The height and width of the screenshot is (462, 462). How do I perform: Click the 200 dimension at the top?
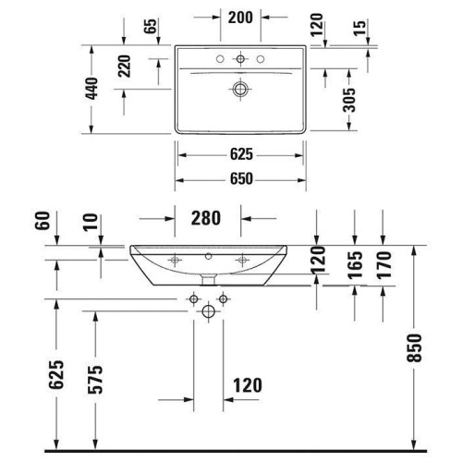pyautogui.click(x=240, y=18)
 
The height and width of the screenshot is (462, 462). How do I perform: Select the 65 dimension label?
pyautogui.click(x=151, y=27)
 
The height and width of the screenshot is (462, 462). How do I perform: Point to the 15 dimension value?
pyautogui.click(x=359, y=28)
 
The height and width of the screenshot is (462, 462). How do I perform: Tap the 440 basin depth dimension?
pyautogui.click(x=91, y=89)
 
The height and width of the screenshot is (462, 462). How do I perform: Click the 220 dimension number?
pyautogui.click(x=125, y=66)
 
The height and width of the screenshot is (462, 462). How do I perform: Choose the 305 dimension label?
pyautogui.click(x=349, y=100)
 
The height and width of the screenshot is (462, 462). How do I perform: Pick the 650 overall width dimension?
pyautogui.click(x=241, y=179)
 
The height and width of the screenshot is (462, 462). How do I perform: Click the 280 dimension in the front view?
pyautogui.click(x=206, y=218)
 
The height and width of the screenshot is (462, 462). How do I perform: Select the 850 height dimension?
pyautogui.click(x=414, y=347)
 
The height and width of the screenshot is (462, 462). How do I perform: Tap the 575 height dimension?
pyautogui.click(x=95, y=380)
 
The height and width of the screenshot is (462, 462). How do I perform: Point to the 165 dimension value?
pyautogui.click(x=355, y=265)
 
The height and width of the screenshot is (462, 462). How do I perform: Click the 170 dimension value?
pyautogui.click(x=383, y=265)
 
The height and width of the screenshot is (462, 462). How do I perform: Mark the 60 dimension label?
pyautogui.click(x=43, y=221)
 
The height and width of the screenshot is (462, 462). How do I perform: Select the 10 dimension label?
pyautogui.click(x=91, y=222)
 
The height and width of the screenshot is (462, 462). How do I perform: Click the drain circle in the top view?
pyautogui.click(x=240, y=90)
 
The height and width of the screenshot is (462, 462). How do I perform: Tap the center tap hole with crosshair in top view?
pyautogui.click(x=240, y=59)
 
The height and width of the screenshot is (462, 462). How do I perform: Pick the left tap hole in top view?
pyautogui.click(x=220, y=59)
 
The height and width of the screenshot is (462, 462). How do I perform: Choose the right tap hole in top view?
pyautogui.click(x=261, y=59)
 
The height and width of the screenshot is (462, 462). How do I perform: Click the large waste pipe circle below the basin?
pyautogui.click(x=209, y=311)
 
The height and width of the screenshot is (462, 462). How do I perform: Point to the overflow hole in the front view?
pyautogui.click(x=209, y=256)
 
